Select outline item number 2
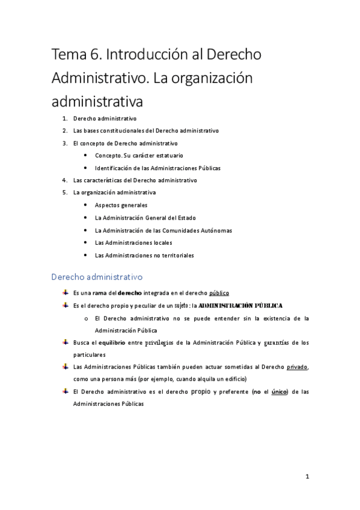click(x=145, y=131)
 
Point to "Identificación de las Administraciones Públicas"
click(x=157, y=168)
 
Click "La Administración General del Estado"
click(x=145, y=218)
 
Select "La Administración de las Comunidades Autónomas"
click(x=163, y=230)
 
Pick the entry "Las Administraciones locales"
click(x=133, y=243)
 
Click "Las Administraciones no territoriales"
click(x=144, y=256)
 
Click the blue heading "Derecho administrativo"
click(x=96, y=277)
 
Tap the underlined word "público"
click(x=219, y=293)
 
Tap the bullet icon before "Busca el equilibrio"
click(x=65, y=342)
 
